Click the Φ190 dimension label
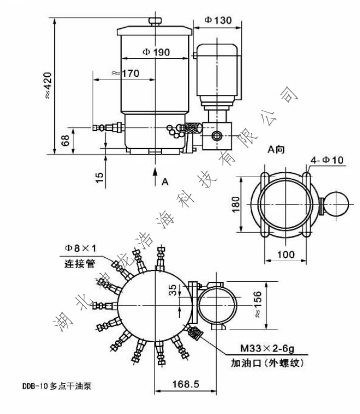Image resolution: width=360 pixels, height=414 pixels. [x=156, y=52]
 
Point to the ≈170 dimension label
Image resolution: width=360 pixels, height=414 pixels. [x=124, y=72]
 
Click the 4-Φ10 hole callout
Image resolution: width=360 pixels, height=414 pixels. [x=327, y=160]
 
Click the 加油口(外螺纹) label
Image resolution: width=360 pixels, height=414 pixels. [x=266, y=362]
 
